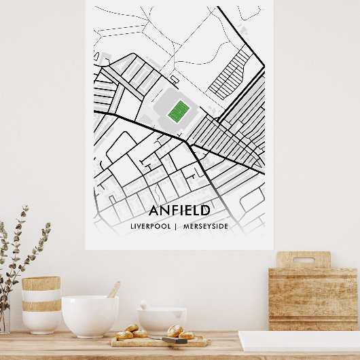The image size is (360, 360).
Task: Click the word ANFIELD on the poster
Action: pos(179,211)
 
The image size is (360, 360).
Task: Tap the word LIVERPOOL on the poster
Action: pos(150,226)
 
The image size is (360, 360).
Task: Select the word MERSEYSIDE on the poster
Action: pos(206,226)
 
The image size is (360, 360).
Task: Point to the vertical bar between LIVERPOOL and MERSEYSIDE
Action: pos(175,226)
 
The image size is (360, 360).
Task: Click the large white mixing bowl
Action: pos(90,317)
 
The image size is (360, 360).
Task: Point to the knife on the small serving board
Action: pos(174,340)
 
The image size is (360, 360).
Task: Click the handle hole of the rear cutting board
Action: pos(304,259)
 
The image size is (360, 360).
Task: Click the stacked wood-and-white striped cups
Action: pos(41,306)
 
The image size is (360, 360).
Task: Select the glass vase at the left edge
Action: pos(4,319)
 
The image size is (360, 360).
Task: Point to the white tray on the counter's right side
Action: pos(299,340)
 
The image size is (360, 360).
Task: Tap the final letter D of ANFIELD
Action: pos(204,211)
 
